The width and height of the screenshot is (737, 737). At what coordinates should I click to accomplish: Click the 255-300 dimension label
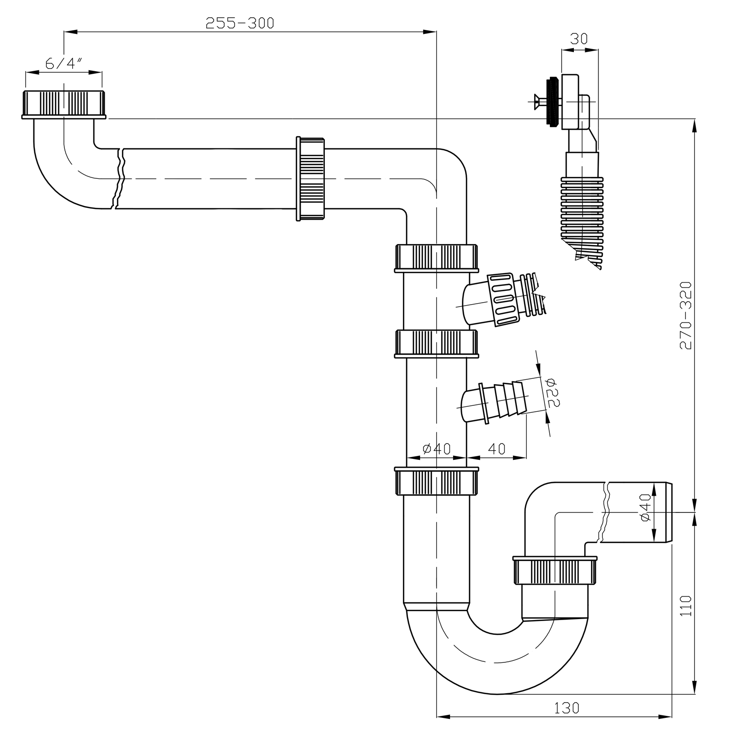239,23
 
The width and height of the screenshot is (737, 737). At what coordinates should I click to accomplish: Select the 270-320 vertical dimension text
685,315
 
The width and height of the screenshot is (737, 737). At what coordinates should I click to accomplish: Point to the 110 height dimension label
686,606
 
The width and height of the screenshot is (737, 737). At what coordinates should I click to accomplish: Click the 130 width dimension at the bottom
567,708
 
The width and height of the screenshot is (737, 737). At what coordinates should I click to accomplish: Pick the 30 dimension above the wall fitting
579,39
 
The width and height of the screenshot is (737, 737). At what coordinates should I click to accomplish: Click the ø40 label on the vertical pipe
436,449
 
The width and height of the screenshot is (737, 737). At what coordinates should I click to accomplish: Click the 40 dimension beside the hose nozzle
497,449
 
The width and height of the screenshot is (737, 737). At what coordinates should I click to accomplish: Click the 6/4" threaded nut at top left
63,104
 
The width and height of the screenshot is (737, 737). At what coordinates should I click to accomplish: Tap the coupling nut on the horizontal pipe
311,179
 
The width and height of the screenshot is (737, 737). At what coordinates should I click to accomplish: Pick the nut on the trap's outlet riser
555,570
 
